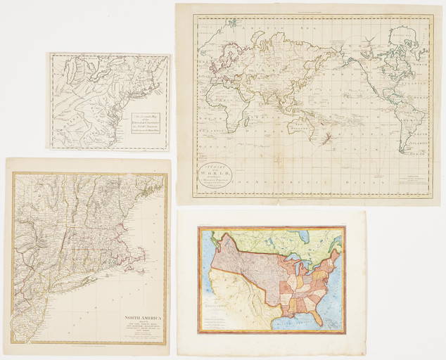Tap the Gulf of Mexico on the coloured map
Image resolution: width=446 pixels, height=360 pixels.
click(295, 321)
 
